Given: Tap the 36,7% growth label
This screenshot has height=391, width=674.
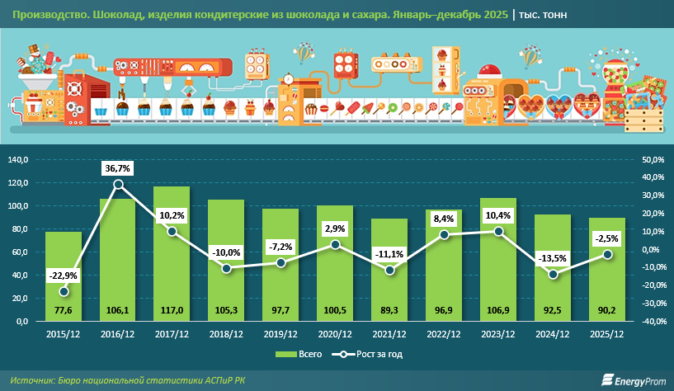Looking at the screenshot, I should point(118,168).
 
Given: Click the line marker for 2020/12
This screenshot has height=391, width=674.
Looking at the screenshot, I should point(334,245).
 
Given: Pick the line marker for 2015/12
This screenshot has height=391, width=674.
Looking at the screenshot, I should point(64,291).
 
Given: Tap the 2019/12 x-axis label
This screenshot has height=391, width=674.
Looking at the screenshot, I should point(280,335).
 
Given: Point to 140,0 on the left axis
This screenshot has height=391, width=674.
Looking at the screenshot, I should point(18,159).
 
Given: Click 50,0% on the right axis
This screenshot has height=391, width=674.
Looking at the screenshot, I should point(653,159).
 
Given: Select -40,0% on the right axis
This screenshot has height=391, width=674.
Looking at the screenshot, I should point(653,321).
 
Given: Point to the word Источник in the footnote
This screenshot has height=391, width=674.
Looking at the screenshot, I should point(34,379).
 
